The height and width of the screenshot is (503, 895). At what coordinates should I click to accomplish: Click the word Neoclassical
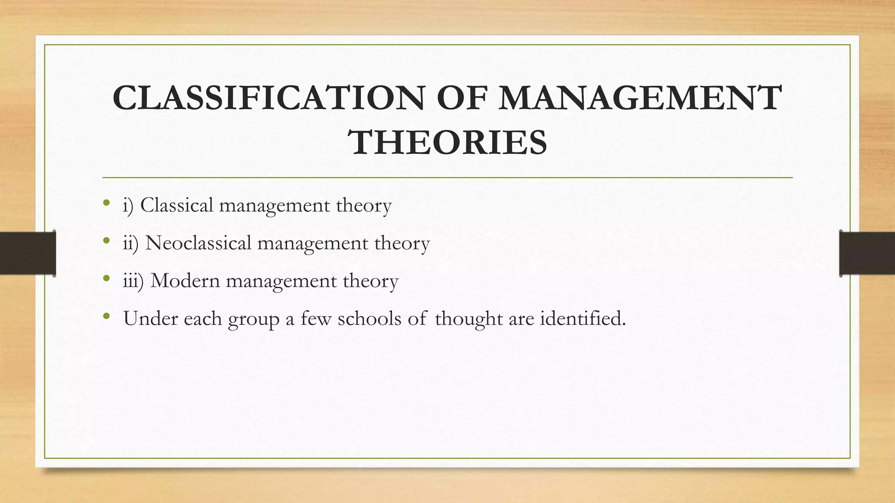(198, 243)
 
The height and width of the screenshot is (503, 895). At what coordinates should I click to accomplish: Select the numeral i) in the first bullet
(128, 205)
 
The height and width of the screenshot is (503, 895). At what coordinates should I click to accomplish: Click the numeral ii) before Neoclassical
(130, 243)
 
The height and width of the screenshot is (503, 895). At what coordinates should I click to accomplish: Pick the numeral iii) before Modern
(133, 281)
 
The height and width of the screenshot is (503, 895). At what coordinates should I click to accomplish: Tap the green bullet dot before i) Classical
(106, 203)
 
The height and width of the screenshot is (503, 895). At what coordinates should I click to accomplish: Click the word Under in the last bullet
(151, 318)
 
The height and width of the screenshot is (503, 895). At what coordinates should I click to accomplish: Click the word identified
(583, 318)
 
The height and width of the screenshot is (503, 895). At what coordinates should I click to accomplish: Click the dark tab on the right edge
(867, 253)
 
